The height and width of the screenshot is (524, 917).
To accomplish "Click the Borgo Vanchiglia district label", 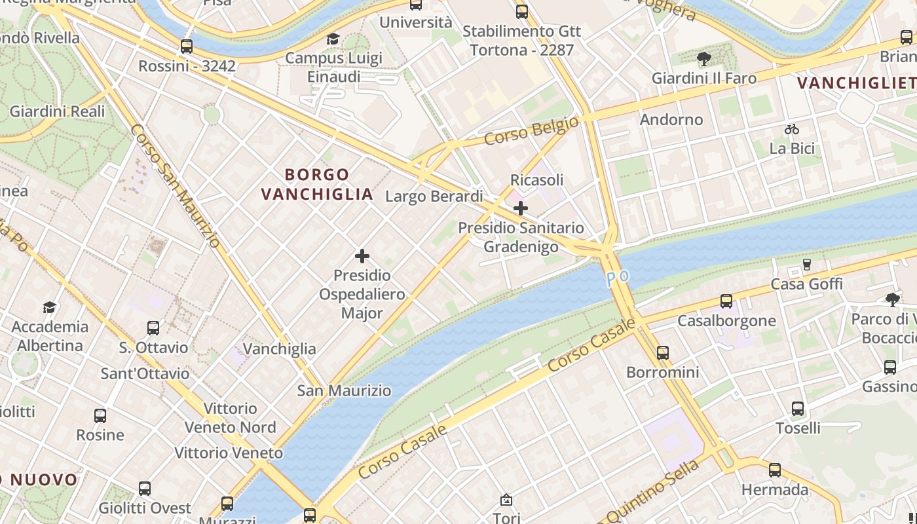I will click(317, 184).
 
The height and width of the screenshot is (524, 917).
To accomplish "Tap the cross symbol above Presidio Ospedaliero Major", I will click(362, 256).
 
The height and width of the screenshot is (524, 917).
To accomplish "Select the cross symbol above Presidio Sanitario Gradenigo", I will click(521, 209).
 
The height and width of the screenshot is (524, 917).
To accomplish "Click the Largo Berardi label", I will click(434, 196).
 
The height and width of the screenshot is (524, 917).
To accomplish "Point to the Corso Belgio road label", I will click(531, 130).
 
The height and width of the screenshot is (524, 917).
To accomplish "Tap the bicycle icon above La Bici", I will click(792, 129).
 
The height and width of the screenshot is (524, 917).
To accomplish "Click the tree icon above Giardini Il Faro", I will click(704, 60).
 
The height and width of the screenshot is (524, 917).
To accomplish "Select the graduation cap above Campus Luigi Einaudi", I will click(333, 39).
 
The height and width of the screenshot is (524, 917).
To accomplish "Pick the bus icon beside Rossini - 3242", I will click(187, 47).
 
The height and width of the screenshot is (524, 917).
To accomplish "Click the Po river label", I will click(617, 278).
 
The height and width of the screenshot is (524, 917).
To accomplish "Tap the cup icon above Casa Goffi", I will click(806, 265).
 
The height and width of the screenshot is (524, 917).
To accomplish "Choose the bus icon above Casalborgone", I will click(726, 301).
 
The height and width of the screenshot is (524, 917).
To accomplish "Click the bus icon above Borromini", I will click(663, 353).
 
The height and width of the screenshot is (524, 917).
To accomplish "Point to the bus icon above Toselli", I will click(798, 409).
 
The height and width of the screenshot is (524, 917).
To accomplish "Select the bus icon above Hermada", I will click(775, 470).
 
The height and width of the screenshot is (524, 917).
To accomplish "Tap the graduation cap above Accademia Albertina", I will click(49, 307).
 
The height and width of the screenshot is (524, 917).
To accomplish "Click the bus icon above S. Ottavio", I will click(153, 328).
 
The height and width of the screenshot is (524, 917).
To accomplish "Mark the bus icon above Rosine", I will click(100, 416).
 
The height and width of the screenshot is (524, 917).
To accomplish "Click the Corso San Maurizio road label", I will click(175, 186).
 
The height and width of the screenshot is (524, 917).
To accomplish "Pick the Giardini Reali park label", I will click(57, 111).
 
